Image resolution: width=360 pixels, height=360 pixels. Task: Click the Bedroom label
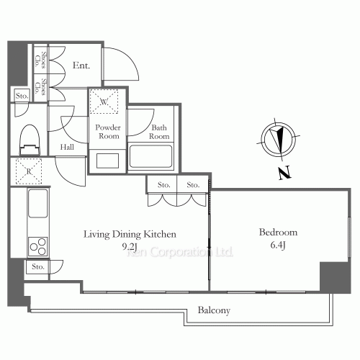278,233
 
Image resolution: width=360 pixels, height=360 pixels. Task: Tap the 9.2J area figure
130,246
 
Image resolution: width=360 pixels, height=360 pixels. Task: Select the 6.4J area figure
278,246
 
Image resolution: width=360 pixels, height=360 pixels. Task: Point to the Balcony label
214,310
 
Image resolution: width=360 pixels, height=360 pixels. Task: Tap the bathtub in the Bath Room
150,156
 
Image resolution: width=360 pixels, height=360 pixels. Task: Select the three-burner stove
38,246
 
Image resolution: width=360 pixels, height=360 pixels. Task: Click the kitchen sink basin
38,203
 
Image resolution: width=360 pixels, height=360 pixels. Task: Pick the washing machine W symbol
104,102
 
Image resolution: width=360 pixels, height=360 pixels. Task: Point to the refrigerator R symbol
29,171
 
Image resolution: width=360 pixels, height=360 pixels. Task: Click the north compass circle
279,138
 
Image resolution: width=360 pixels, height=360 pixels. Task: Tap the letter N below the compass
284,173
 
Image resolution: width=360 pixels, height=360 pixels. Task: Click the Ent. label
81,66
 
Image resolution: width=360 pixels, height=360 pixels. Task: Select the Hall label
67,147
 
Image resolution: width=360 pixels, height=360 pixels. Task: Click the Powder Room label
108,132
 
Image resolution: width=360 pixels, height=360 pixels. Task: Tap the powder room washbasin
107,161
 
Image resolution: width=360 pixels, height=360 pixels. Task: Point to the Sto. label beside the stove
38,266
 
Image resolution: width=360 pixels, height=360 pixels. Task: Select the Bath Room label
159,132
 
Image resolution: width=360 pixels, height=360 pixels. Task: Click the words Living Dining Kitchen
130,234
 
